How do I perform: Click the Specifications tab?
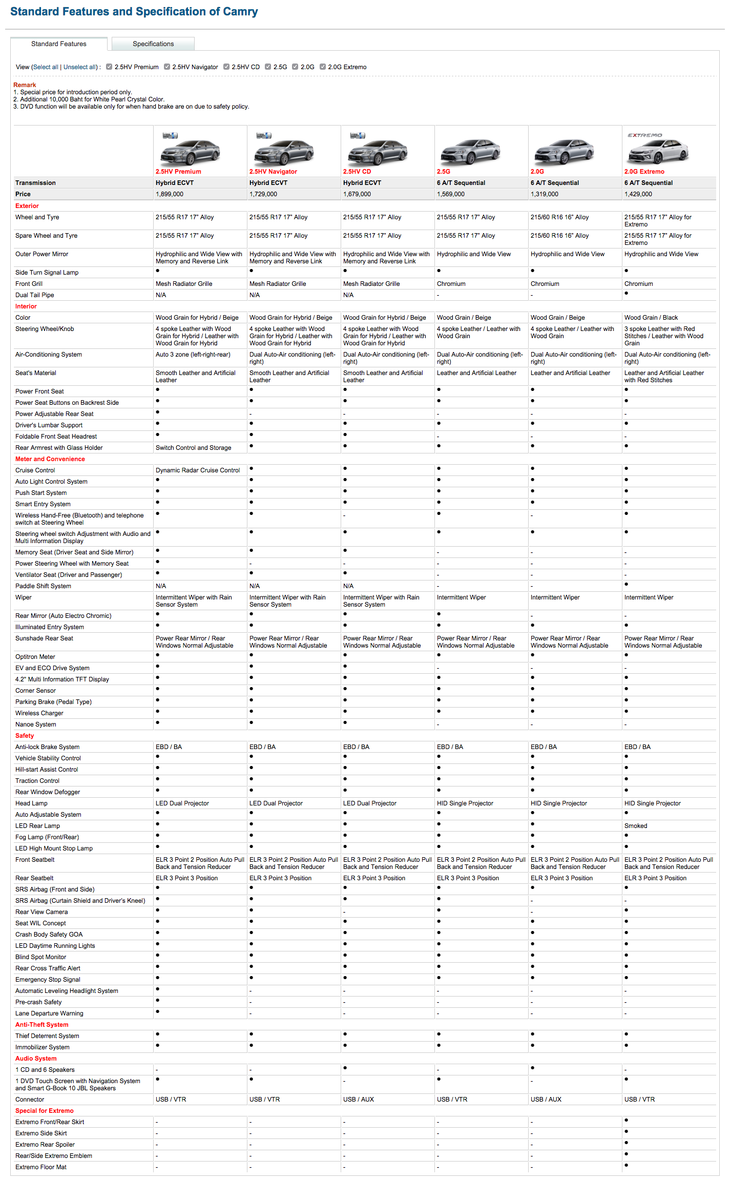coord(153,44)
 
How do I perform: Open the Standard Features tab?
coord(58,44)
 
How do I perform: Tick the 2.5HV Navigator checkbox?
coord(167,67)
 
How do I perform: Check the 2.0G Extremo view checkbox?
coord(323,67)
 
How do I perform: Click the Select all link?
coord(46,67)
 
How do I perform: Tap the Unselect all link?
coord(80,67)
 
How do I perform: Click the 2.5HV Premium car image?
coord(190,150)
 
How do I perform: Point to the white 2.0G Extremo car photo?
coord(659,150)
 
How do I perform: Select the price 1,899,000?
coord(170,194)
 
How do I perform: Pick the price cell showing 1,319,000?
coord(545,194)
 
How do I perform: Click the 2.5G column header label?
coord(444,172)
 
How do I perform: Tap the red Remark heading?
coord(25,85)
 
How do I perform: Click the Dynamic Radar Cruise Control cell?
coord(198,470)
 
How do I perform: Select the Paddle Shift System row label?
coord(43,586)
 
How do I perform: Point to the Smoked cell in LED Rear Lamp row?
coord(636,826)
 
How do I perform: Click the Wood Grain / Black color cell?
coord(651,318)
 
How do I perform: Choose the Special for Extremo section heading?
coord(45,1111)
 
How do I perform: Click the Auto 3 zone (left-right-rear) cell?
coord(193,355)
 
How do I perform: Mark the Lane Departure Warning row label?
coord(49,1013)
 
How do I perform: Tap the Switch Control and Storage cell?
coord(194,448)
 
